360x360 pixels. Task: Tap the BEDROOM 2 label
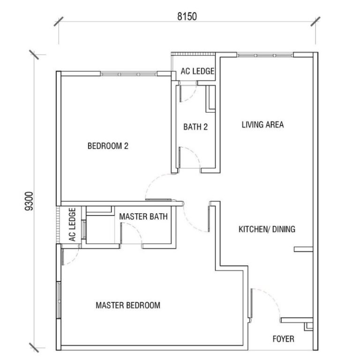(108, 146)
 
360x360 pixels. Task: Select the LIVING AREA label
(262, 125)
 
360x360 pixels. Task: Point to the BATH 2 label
(195, 127)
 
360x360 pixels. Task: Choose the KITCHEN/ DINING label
(267, 229)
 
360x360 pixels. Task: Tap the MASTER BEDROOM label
(128, 305)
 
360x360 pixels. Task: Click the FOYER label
(283, 338)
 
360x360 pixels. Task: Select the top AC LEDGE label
(197, 72)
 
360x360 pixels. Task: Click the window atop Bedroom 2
(128, 74)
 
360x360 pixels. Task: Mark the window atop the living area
(265, 55)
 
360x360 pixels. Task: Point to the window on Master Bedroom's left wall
(59, 300)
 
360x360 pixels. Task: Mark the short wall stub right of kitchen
(303, 249)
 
